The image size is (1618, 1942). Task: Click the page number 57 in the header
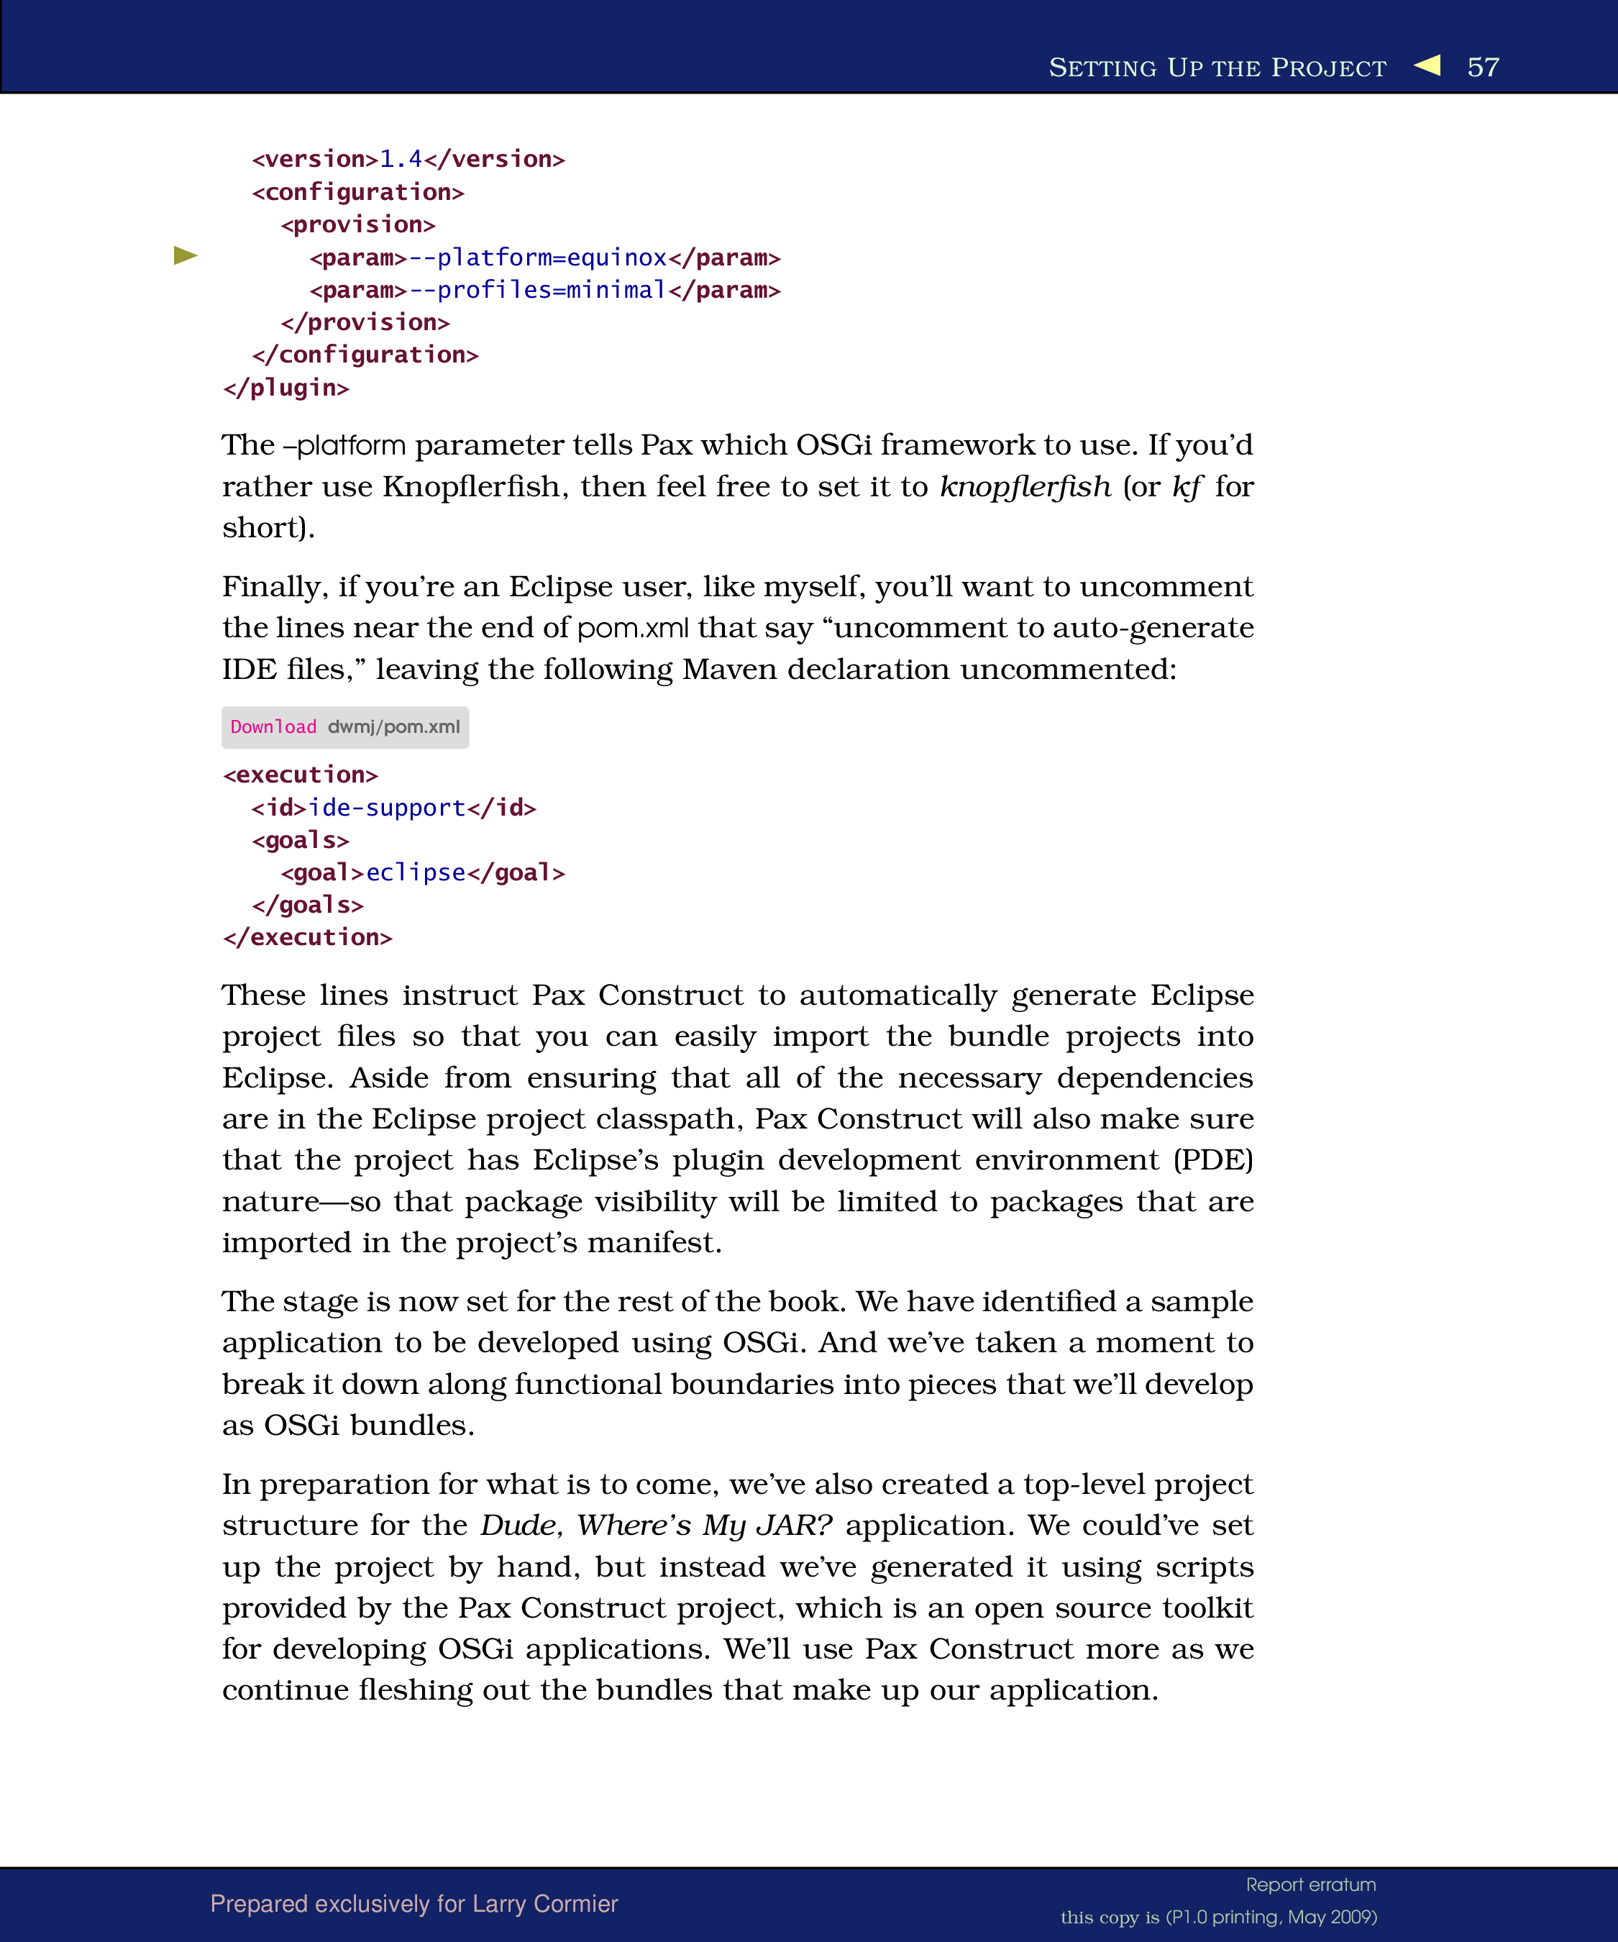pyautogui.click(x=1482, y=68)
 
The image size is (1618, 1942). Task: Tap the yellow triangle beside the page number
pyautogui.click(x=1427, y=65)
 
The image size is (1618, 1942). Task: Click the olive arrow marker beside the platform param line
pyautogui.click(x=186, y=255)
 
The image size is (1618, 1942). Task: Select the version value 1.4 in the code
pyautogui.click(x=401, y=159)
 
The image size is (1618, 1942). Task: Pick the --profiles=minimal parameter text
pyautogui.click(x=537, y=291)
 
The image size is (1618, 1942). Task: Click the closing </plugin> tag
pyautogui.click(x=285, y=388)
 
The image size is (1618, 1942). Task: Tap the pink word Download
pyautogui.click(x=273, y=727)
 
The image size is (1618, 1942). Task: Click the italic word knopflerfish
pyautogui.click(x=1025, y=486)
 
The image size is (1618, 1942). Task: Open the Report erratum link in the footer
pyautogui.click(x=1310, y=1884)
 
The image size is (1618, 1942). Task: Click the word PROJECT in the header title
pyautogui.click(x=1329, y=68)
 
